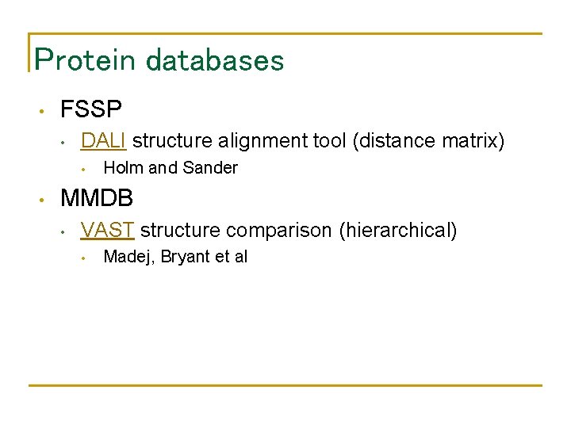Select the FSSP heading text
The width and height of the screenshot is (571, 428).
pos(91,109)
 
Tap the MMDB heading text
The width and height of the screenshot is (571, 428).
pos(97,197)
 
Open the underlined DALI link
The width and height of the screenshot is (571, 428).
pos(104,141)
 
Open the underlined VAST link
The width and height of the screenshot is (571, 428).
pos(108,231)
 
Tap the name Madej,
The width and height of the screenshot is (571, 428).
pos(130,257)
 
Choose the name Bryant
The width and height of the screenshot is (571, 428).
pos(184,257)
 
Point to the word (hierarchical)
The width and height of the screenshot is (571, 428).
pos(398,231)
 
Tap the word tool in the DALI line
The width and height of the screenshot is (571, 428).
pos(328,141)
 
